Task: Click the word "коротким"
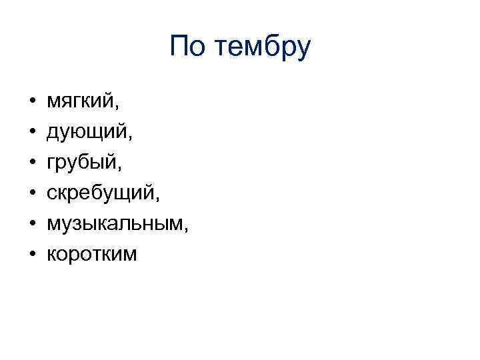tap(91, 254)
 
